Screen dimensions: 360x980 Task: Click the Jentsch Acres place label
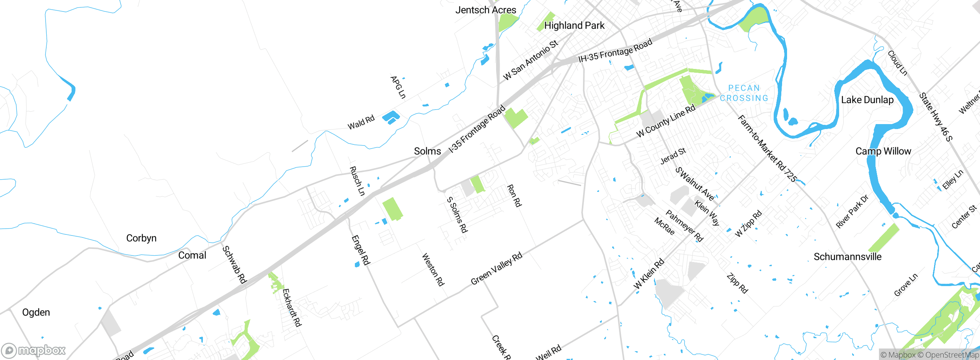485,10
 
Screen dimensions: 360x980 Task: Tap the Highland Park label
574,26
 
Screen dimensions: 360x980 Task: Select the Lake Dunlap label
867,100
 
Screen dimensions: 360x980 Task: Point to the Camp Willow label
883,151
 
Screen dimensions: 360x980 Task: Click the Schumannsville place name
848,257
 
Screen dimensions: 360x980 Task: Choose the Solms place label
427,151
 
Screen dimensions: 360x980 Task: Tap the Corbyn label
141,238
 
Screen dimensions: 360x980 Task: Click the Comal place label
192,255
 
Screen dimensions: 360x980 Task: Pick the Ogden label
36,313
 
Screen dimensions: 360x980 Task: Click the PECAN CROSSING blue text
744,93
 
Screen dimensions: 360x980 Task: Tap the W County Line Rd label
666,121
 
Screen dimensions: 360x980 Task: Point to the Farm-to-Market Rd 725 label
767,148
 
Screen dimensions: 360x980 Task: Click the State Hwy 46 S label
936,117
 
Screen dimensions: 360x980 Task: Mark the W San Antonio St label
531,61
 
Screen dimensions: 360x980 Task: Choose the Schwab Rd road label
234,265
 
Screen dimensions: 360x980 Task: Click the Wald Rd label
361,123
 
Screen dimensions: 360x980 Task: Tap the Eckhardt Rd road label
292,308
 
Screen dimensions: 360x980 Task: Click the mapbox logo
34,350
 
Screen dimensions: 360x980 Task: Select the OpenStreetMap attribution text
951,355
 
